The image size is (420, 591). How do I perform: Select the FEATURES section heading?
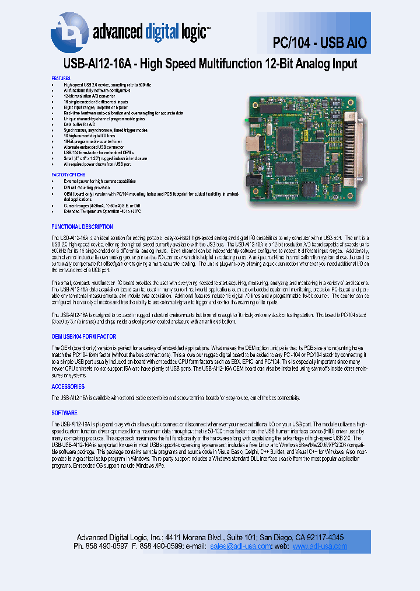pyautogui.click(x=61, y=78)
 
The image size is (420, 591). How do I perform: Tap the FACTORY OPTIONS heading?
pyautogui.click(x=68, y=175)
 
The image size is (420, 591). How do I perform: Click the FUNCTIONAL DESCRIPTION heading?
pyautogui.click(x=82, y=227)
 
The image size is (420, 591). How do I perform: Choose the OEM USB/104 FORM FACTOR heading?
pyautogui.click(x=83, y=336)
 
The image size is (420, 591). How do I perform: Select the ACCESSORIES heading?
pyautogui.click(x=68, y=387)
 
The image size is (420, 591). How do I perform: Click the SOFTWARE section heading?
pyautogui.click(x=64, y=413)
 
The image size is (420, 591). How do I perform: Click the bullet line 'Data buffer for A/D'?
pyautogui.click(x=80, y=124)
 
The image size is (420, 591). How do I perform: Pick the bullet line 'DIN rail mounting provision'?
pyautogui.click(x=86, y=187)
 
